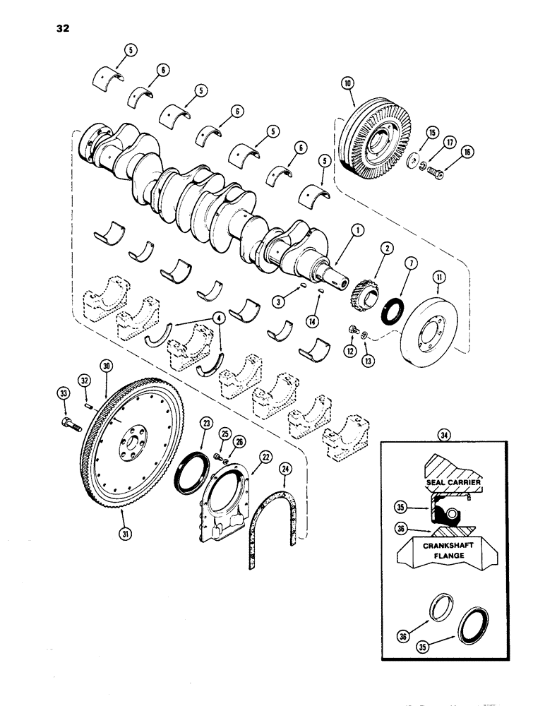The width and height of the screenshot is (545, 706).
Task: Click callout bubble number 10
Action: [347, 83]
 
